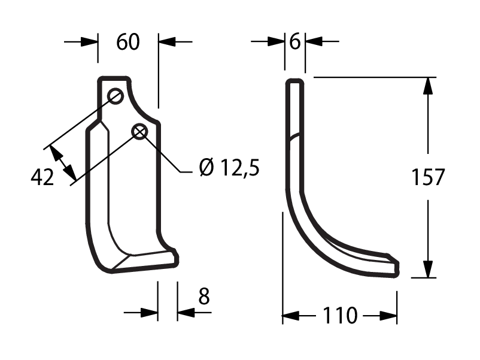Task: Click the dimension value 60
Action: tap(128, 42)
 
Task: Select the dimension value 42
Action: tap(42, 177)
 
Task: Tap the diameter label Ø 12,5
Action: tap(229, 168)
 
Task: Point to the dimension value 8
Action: tap(204, 296)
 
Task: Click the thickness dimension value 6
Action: tap(295, 42)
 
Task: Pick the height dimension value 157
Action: tap(428, 177)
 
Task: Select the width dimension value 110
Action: tap(340, 316)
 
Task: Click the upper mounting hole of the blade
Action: tap(116, 96)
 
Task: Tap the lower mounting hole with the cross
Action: tap(139, 132)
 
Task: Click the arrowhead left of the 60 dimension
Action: tap(89, 42)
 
